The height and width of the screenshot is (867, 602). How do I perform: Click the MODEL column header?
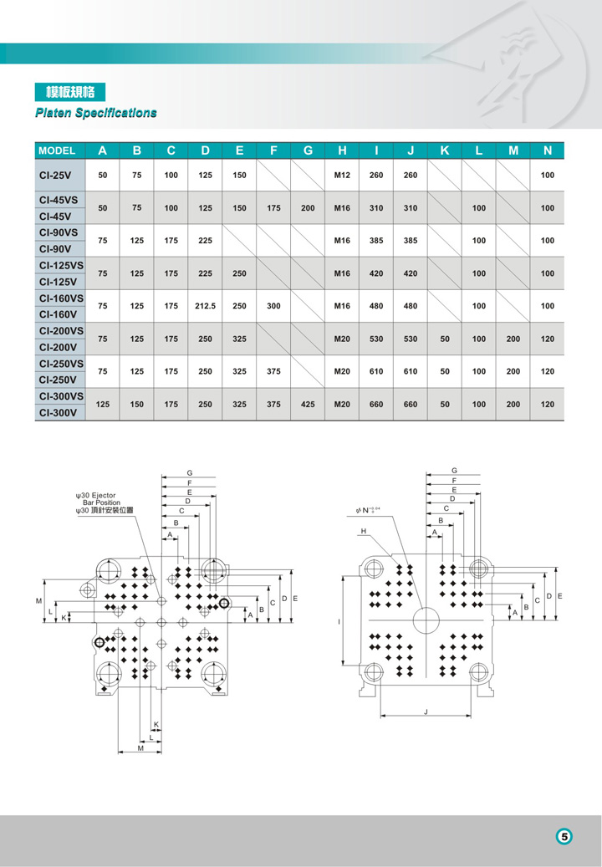click(58, 151)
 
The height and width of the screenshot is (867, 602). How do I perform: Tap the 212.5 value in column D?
click(205, 306)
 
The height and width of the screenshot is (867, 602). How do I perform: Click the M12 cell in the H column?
click(342, 176)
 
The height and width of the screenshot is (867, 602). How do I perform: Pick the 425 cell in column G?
click(308, 405)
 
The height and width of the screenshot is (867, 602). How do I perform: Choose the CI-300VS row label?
click(61, 396)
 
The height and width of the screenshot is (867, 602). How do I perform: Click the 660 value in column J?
click(411, 405)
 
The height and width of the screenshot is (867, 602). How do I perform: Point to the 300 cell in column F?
click(273, 306)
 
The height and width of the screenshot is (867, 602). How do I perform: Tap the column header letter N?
click(548, 151)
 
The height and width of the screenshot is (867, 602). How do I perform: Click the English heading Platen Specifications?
click(95, 113)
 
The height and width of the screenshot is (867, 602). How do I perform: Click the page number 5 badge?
click(565, 836)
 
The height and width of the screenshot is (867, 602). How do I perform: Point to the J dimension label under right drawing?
click(426, 711)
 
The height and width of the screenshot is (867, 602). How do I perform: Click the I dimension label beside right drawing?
click(339, 622)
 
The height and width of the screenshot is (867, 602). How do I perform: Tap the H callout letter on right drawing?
click(364, 532)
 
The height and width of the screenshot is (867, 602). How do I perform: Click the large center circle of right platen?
click(426, 620)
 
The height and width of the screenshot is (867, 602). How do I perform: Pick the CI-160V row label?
click(56, 314)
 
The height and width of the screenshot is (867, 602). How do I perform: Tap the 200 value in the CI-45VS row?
click(308, 207)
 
